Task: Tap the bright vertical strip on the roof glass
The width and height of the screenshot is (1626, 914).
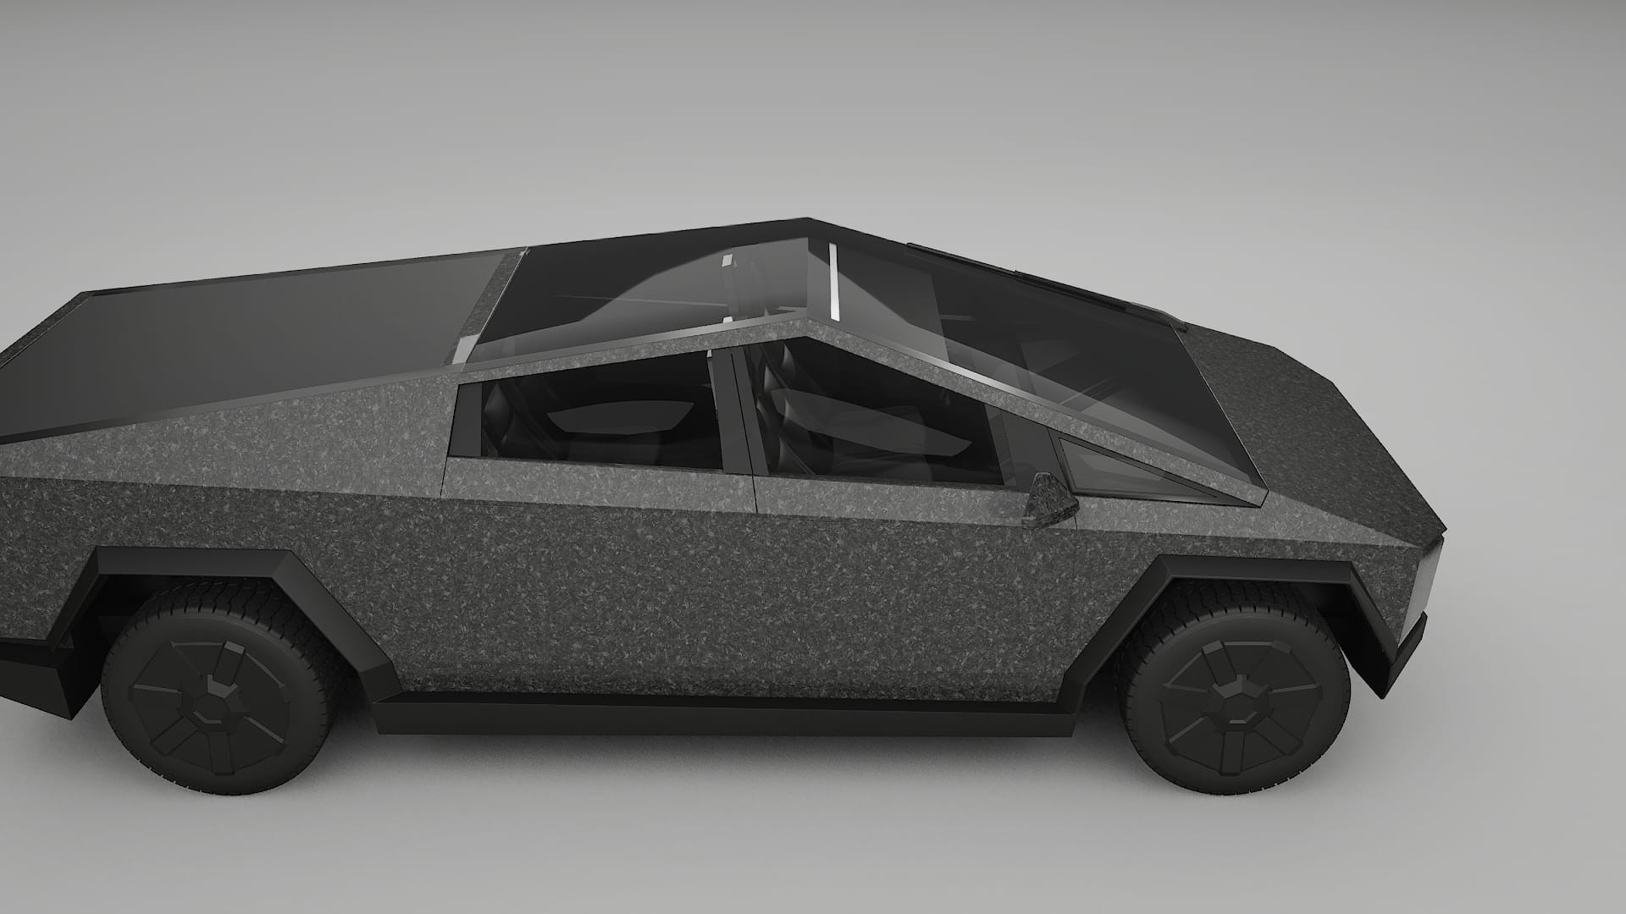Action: click(x=833, y=279)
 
